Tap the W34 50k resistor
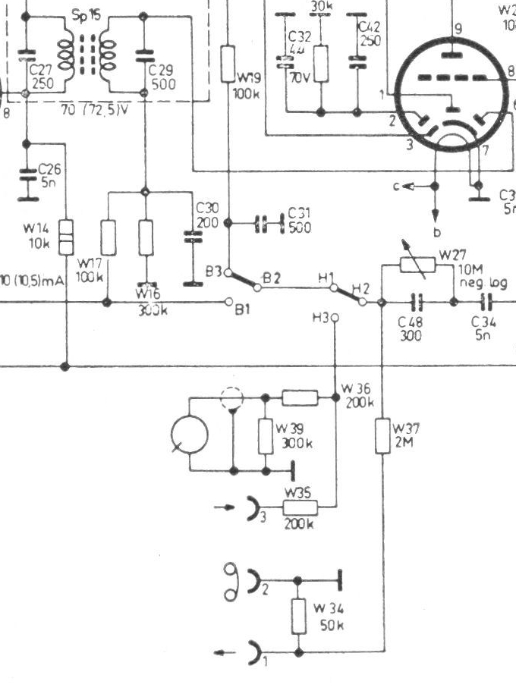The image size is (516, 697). (x=299, y=616)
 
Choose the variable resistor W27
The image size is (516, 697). (x=417, y=263)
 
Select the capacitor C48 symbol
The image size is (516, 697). (x=416, y=302)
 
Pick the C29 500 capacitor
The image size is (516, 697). (x=144, y=56)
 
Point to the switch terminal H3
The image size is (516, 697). (x=332, y=319)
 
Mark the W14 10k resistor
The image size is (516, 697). (x=67, y=236)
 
